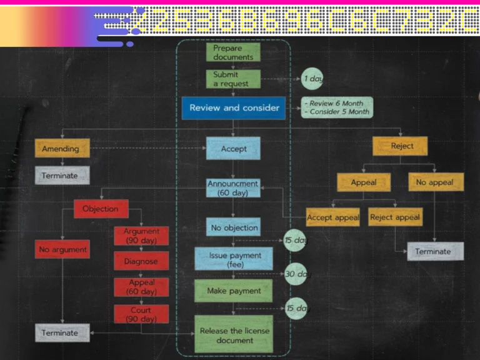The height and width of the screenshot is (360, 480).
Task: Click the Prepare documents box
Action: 233,52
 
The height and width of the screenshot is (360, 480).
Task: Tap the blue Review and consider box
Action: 234,107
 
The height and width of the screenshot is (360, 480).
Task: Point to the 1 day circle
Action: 312,79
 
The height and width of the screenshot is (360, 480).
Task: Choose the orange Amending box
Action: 62,149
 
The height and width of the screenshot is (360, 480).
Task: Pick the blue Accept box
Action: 233,149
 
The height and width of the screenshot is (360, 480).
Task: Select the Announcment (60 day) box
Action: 233,188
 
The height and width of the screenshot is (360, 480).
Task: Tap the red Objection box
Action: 101,209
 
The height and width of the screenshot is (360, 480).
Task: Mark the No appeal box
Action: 436,182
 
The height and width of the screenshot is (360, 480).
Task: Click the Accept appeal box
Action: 332,217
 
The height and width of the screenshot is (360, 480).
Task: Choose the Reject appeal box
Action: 395,217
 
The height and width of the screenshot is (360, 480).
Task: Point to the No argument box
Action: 63,250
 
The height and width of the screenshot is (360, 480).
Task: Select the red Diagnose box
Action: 141,261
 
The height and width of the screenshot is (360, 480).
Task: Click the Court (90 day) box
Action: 141,314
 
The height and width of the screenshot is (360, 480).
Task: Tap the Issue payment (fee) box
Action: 233,259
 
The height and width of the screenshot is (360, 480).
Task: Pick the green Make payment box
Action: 233,291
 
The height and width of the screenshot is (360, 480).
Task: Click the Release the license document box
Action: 234,335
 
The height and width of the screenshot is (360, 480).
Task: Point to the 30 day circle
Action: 296,274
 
